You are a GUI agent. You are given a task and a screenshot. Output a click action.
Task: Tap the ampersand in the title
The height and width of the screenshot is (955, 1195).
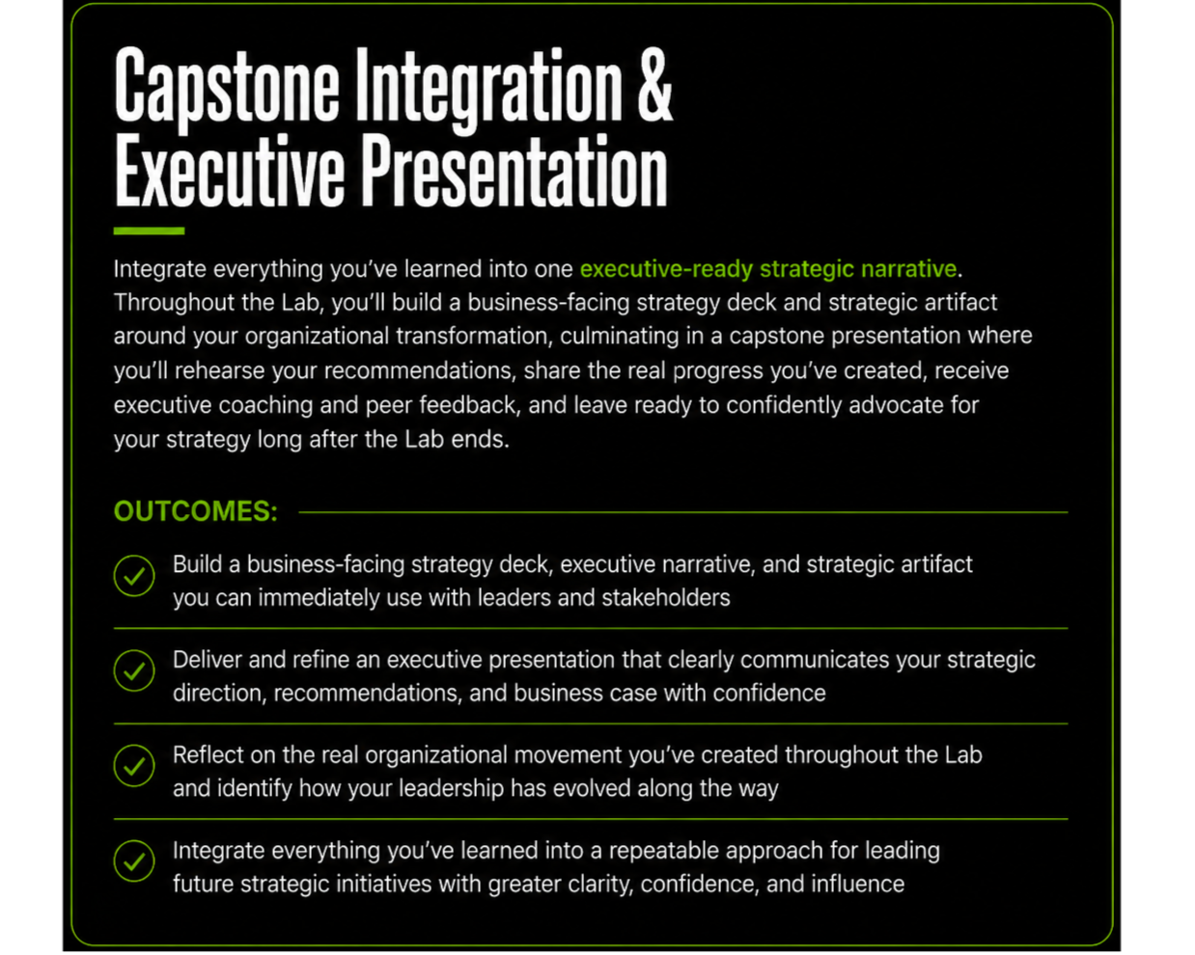click(x=655, y=85)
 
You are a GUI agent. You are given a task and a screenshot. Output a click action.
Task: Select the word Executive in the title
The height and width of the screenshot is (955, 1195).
click(x=230, y=171)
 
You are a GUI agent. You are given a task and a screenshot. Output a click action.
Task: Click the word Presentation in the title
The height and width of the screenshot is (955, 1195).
click(x=514, y=171)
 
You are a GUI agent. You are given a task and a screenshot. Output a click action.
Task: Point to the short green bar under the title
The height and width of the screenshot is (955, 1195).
click(x=149, y=231)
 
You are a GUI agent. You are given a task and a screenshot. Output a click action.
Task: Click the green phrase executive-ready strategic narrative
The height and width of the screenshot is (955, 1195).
click(x=768, y=269)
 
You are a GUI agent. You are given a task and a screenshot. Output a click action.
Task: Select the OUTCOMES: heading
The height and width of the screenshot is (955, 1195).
click(x=195, y=511)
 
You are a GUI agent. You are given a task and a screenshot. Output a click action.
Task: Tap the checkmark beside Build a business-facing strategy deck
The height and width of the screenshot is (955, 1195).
click(x=134, y=576)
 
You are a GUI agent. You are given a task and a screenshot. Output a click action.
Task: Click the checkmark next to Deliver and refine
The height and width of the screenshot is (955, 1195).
click(x=134, y=670)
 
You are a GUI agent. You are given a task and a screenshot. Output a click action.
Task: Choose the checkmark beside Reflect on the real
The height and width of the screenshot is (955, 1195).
click(x=134, y=766)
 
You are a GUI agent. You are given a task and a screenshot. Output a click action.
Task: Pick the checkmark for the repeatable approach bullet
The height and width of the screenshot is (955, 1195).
click(x=134, y=861)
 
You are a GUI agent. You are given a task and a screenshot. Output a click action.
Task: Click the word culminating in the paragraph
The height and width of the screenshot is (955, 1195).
click(x=619, y=337)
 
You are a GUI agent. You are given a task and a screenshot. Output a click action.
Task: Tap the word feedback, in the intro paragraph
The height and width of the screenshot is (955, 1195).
click(x=470, y=405)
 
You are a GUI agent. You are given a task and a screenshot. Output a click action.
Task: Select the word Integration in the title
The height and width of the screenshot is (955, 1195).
click(x=489, y=89)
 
